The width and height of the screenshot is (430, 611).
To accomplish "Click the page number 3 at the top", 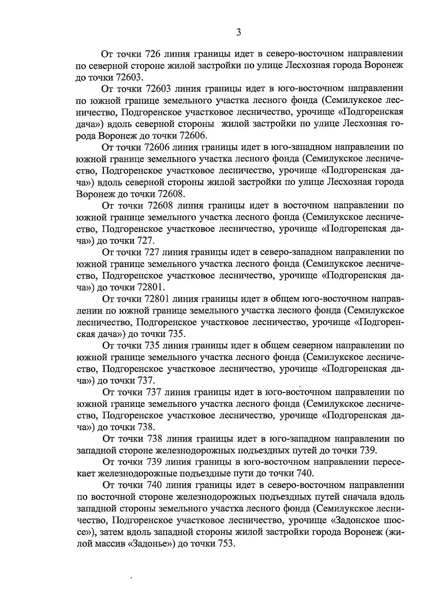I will tap(239, 33).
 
